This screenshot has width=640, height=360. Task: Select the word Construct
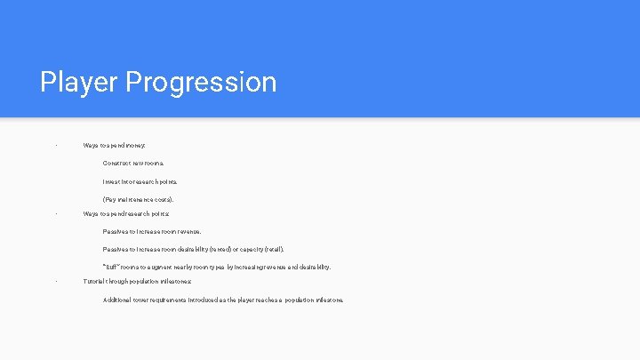pyautogui.click(x=118, y=163)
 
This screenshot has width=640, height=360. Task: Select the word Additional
pyautogui.click(x=118, y=300)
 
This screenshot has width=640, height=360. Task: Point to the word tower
pyautogui.click(x=145, y=300)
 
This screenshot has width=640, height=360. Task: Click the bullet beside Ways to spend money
pyautogui.click(x=55, y=145)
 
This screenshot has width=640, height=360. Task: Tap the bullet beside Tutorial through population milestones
pyautogui.click(x=55, y=281)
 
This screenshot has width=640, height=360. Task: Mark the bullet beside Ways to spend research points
pyautogui.click(x=55, y=213)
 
